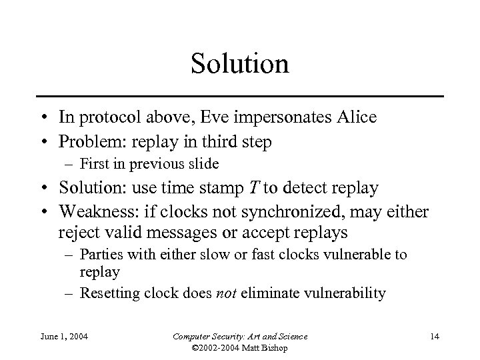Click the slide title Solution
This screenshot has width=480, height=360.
click(x=239, y=65)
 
